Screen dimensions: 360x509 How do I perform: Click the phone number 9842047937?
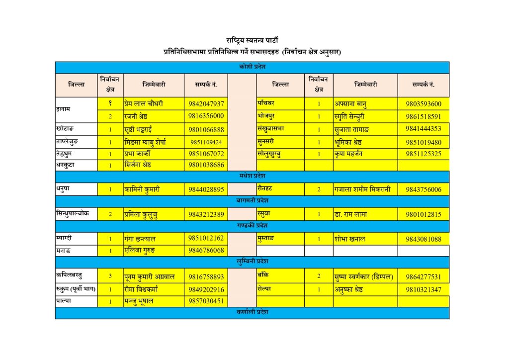pos(207,104)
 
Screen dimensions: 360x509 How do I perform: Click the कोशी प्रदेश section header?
pos(252,67)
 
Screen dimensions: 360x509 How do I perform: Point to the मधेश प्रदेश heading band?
pos(252,176)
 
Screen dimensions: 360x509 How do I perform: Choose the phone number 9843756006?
pos(423,189)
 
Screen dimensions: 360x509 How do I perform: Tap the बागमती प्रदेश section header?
pos(252,201)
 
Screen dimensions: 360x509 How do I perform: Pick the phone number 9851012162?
pos(207,239)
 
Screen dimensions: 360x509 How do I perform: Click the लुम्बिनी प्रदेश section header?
pos(252,261)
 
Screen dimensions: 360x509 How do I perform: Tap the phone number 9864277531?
pos(423,276)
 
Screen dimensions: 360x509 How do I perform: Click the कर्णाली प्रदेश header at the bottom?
pos(252,312)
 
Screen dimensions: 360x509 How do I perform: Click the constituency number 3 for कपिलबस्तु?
pos(110,276)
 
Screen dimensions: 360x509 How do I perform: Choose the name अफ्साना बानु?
pos(353,104)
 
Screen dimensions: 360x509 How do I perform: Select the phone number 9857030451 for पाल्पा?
pos(207,301)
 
